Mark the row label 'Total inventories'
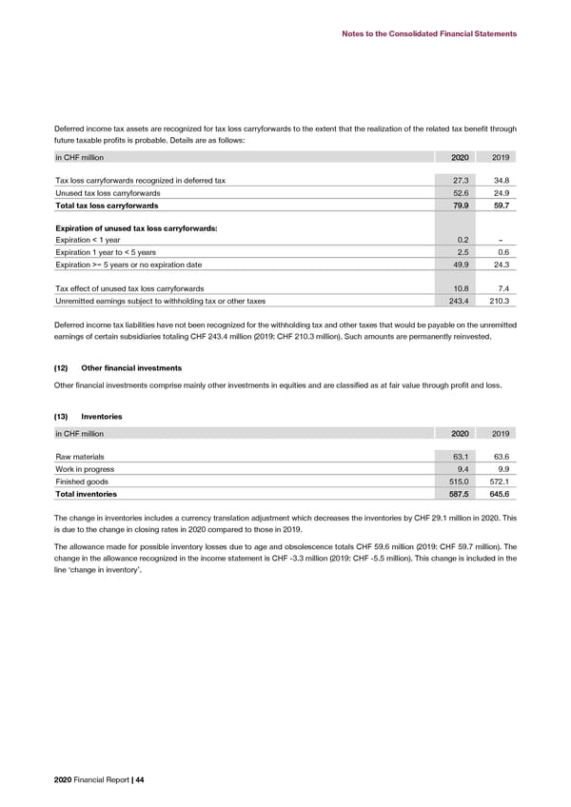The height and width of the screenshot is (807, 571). coord(87,495)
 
